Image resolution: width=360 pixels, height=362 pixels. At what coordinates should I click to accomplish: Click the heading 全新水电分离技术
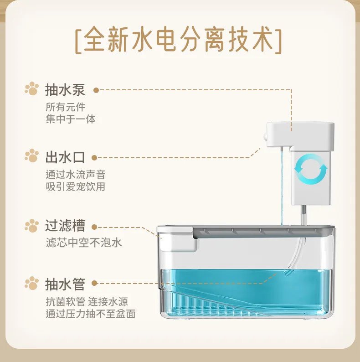(x=178, y=40)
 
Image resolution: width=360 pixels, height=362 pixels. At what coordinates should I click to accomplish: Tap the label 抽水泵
(x=65, y=89)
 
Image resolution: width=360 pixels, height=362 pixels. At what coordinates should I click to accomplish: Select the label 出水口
(x=65, y=157)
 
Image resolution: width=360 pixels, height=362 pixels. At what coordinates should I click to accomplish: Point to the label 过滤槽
(x=65, y=226)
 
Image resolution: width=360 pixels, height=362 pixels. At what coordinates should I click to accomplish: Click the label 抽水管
(x=65, y=284)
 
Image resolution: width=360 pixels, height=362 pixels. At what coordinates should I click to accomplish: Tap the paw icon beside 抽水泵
(x=32, y=88)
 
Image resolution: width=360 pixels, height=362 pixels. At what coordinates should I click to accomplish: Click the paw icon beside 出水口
(x=32, y=155)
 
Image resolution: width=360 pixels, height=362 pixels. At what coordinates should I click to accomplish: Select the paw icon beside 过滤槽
(x=32, y=226)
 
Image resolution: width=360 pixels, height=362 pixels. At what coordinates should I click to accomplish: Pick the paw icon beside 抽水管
(x=32, y=283)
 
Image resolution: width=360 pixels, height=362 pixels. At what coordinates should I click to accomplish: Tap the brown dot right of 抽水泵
(x=96, y=90)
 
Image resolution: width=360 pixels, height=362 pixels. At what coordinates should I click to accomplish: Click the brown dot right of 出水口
(x=94, y=158)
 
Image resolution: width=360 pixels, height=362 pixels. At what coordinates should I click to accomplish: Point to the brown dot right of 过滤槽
(x=94, y=227)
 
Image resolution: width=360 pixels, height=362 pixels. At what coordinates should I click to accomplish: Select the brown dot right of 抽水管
(x=94, y=283)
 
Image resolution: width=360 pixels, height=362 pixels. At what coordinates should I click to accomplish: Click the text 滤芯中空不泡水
(x=83, y=243)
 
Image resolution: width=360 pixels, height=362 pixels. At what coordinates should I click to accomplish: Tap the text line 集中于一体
(x=71, y=119)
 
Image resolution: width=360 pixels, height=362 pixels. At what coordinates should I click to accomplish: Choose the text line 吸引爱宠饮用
(x=76, y=186)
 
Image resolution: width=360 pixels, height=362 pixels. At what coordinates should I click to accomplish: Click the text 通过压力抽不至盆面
(x=91, y=314)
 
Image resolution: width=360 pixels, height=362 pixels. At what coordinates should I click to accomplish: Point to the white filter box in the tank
(x=177, y=239)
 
